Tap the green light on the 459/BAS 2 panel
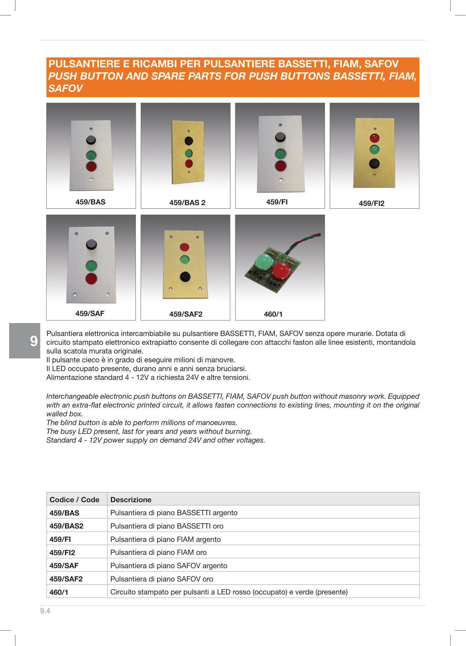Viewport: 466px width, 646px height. (189, 153)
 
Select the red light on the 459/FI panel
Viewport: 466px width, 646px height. (280, 166)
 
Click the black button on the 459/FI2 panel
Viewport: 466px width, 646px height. (374, 163)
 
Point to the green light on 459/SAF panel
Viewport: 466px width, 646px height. (91, 265)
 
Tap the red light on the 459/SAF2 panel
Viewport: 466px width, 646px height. (185, 247)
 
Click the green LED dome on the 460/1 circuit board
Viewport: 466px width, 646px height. (264, 262)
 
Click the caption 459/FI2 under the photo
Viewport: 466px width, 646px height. (372, 203)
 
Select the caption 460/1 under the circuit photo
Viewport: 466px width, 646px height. (273, 314)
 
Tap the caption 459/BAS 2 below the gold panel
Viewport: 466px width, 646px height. (187, 203)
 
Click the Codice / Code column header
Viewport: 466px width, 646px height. (74, 499)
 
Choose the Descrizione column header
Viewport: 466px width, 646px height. (131, 499)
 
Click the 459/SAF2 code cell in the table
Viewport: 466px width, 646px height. (66, 579)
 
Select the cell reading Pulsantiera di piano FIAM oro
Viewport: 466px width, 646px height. (159, 552)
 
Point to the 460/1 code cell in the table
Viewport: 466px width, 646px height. (59, 592)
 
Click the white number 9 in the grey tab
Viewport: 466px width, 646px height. (34, 341)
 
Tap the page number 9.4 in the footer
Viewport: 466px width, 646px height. (45, 611)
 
